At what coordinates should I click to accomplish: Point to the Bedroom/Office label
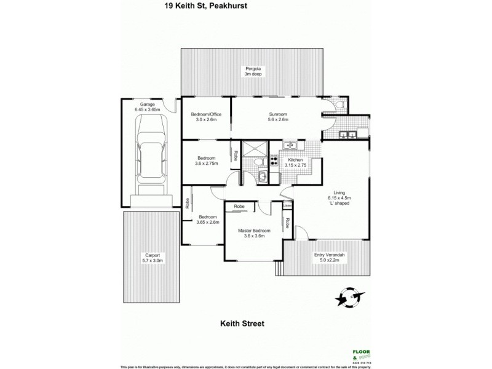pos(205,116)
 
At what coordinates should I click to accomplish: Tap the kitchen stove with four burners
pos(274,161)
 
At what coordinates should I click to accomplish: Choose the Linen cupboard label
pos(287,205)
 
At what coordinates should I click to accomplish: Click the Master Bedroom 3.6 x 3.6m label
pos(253,233)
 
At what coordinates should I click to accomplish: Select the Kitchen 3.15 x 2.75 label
pos(295,162)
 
